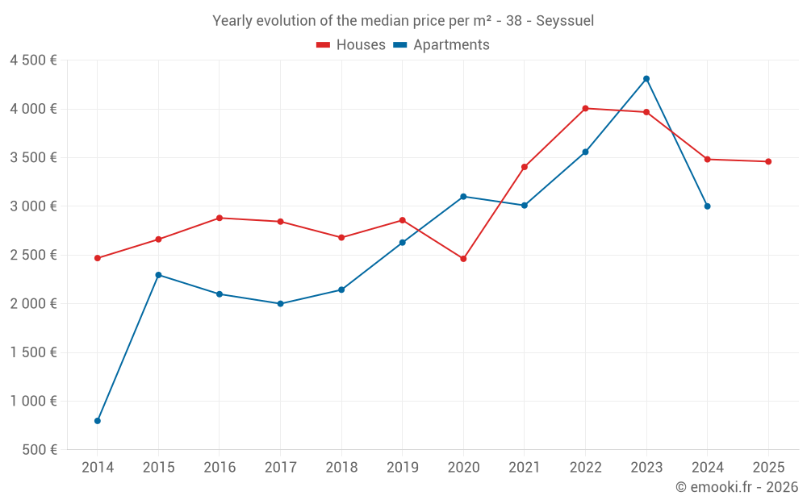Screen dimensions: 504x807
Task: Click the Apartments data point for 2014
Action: tap(98, 421)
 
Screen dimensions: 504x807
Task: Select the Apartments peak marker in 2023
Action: tap(646, 78)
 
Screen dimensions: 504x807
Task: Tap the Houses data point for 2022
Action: tap(585, 108)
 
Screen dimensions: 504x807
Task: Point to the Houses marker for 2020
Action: tap(463, 259)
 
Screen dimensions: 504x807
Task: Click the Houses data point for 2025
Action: tap(768, 161)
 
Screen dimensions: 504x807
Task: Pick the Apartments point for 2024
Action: tap(708, 206)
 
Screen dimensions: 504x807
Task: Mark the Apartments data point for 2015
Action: tap(158, 275)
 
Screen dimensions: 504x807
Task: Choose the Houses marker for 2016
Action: tap(220, 218)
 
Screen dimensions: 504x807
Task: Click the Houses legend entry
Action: tap(351, 45)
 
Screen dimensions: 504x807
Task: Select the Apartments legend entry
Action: tap(441, 45)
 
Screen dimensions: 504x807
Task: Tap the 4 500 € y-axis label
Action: tap(33, 60)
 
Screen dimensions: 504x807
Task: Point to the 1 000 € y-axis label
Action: tap(33, 401)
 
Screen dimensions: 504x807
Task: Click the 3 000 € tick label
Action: tap(33, 206)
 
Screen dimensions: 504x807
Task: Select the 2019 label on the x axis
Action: tap(402, 467)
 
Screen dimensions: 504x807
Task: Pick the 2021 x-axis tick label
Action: tap(524, 467)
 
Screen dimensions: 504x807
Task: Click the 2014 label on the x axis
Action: tap(98, 467)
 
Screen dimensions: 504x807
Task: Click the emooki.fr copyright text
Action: tap(736, 487)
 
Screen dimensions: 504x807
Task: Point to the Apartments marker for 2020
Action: tap(463, 196)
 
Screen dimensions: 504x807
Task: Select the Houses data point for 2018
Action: tap(341, 237)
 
